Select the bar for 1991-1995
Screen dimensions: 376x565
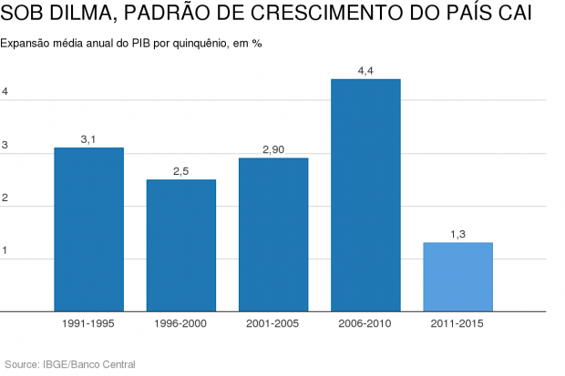(x=88, y=229)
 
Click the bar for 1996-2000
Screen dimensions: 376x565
(x=181, y=245)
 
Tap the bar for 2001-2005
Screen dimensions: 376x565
(x=273, y=234)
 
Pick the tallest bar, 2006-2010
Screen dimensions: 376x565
(x=365, y=195)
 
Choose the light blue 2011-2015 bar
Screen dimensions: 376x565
(x=457, y=277)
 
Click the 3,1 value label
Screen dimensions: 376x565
(x=88, y=138)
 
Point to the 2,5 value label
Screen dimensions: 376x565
(x=181, y=170)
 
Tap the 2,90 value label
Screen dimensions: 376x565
(x=273, y=148)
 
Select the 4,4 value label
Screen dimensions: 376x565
(x=365, y=70)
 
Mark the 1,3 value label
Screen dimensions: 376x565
(x=457, y=234)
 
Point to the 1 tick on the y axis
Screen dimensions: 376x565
(x=5, y=250)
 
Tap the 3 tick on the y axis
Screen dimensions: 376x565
(x=5, y=146)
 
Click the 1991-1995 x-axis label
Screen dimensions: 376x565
(x=88, y=323)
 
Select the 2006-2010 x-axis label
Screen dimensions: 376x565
(x=365, y=323)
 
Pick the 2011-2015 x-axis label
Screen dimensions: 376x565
(x=457, y=323)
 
